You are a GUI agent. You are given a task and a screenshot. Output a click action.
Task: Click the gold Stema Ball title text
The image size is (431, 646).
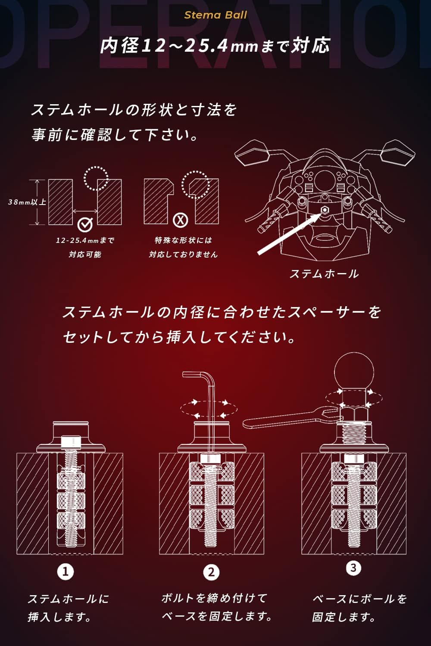(x=215, y=15)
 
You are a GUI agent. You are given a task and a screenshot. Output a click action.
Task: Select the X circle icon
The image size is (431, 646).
(x=181, y=221)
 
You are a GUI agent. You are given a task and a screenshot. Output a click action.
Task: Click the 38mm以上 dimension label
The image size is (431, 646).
(x=27, y=202)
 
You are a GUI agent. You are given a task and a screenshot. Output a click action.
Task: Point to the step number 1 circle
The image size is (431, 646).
(x=66, y=571)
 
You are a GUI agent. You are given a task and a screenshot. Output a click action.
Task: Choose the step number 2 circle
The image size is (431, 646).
(x=211, y=572)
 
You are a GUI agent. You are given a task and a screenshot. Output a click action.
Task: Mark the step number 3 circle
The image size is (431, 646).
(x=353, y=568)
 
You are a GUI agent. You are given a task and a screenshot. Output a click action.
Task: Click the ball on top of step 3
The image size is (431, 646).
(x=354, y=372)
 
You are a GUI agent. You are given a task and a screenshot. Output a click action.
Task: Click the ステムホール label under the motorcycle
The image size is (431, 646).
(x=325, y=273)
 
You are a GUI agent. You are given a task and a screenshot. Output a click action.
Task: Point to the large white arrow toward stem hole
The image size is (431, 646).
(x=290, y=231)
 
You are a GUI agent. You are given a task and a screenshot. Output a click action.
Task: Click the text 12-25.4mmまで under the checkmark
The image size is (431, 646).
(x=85, y=240)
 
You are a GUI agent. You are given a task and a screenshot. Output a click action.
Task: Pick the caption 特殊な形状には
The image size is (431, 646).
(x=183, y=240)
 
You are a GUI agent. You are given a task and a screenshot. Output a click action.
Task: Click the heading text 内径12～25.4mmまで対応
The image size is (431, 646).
(x=215, y=46)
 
